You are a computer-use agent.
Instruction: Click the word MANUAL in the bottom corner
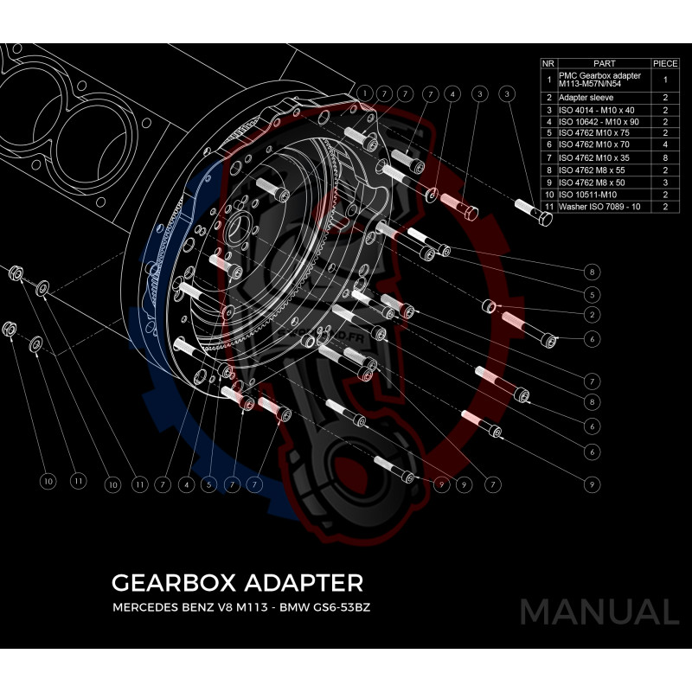click(x=599, y=612)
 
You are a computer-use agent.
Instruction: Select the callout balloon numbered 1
click(x=366, y=93)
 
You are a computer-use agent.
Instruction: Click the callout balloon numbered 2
click(x=593, y=314)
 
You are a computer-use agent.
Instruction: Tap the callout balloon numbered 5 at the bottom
click(x=208, y=485)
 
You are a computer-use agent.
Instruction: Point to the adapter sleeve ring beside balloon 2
click(x=489, y=305)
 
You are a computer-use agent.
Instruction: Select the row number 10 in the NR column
click(x=548, y=195)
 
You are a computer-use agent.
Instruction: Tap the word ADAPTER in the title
click(x=294, y=580)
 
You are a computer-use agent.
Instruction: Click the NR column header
click(x=548, y=63)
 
